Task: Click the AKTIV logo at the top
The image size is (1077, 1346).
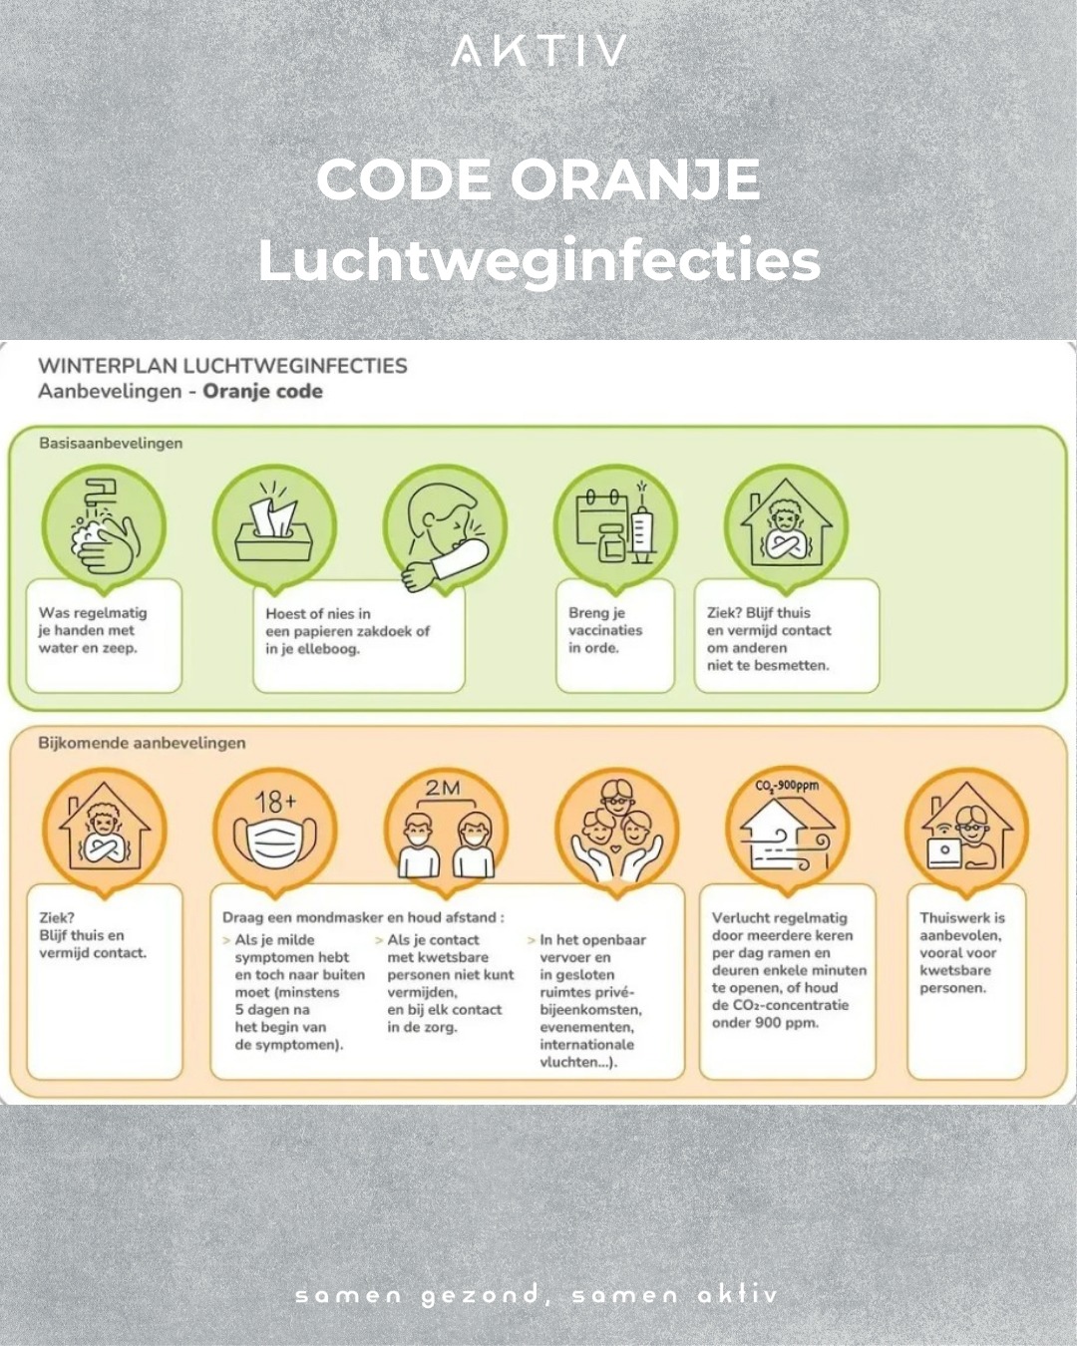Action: [x=538, y=51]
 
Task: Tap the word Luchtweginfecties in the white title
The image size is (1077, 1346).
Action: [x=538, y=261]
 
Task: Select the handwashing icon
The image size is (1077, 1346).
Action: [x=104, y=526]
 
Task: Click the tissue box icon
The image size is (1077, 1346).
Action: [x=274, y=526]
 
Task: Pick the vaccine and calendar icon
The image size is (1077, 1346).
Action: [x=616, y=526]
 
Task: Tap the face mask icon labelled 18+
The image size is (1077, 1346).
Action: [x=274, y=830]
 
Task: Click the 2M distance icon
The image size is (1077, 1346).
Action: [x=446, y=830]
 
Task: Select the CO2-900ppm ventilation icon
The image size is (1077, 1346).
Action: [x=787, y=830]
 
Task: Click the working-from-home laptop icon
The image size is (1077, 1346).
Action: [x=966, y=830]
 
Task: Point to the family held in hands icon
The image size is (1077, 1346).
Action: [x=616, y=830]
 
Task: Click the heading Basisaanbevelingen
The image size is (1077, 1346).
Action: [x=111, y=443]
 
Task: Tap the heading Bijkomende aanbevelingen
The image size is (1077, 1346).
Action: [x=142, y=743]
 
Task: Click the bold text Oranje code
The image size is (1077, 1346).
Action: [x=263, y=392]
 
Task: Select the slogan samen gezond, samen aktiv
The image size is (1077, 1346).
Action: [x=537, y=1294]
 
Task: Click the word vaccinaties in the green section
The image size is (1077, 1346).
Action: [x=605, y=630]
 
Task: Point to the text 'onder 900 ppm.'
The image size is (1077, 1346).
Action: [x=765, y=1024]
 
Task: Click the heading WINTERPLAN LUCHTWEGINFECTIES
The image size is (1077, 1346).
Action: [x=222, y=366]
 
